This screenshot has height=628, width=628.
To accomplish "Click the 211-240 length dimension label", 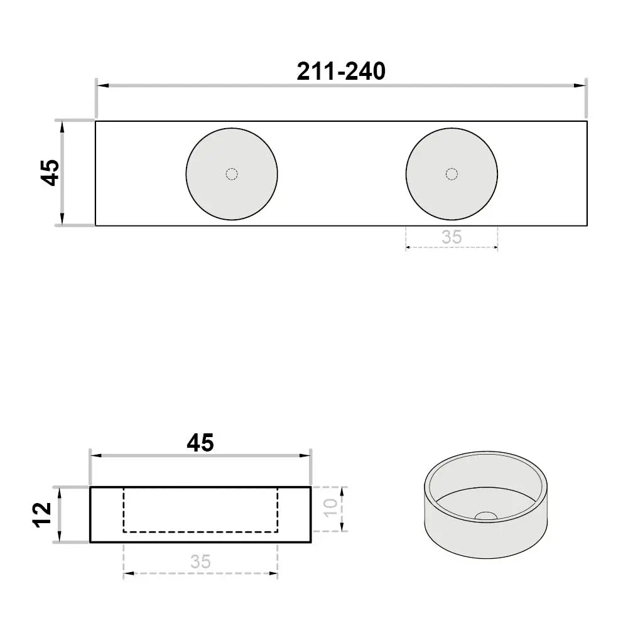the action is [341, 72].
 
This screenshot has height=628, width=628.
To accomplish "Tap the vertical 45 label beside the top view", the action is [51, 173].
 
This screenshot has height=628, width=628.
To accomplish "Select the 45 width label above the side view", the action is [200, 443].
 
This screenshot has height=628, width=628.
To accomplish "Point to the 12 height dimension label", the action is [43, 515].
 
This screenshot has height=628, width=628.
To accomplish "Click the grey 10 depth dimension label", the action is [331, 509].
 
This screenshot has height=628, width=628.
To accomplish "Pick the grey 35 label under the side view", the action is [200, 561].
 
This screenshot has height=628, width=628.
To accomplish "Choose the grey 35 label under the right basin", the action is [452, 237].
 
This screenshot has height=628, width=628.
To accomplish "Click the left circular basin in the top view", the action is [232, 174].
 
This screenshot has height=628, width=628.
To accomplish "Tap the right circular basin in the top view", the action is [452, 174].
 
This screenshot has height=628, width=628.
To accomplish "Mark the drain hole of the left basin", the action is [232, 174].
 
